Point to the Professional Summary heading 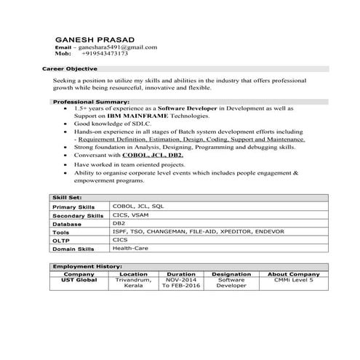coord(91,103)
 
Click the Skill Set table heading coord(67,198)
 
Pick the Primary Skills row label coord(73,207)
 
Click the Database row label coord(66,224)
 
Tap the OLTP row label coord(61,240)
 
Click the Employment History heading coord(87,266)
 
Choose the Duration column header coord(181,274)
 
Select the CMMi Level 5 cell coord(290,280)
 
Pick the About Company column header coord(290,274)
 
